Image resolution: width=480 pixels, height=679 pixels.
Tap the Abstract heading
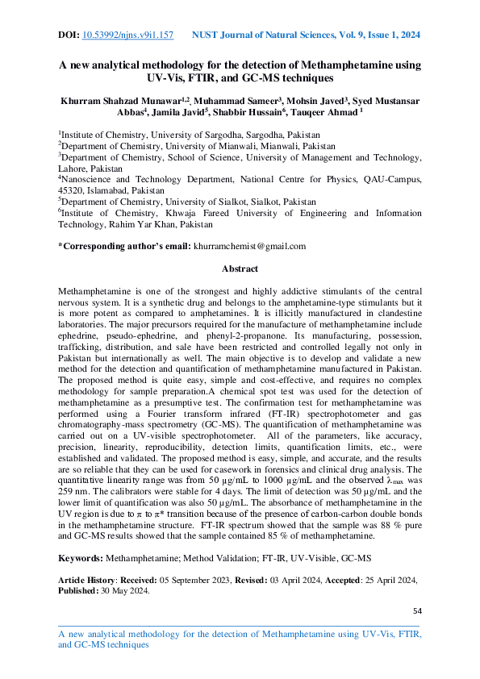point(240,269)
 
